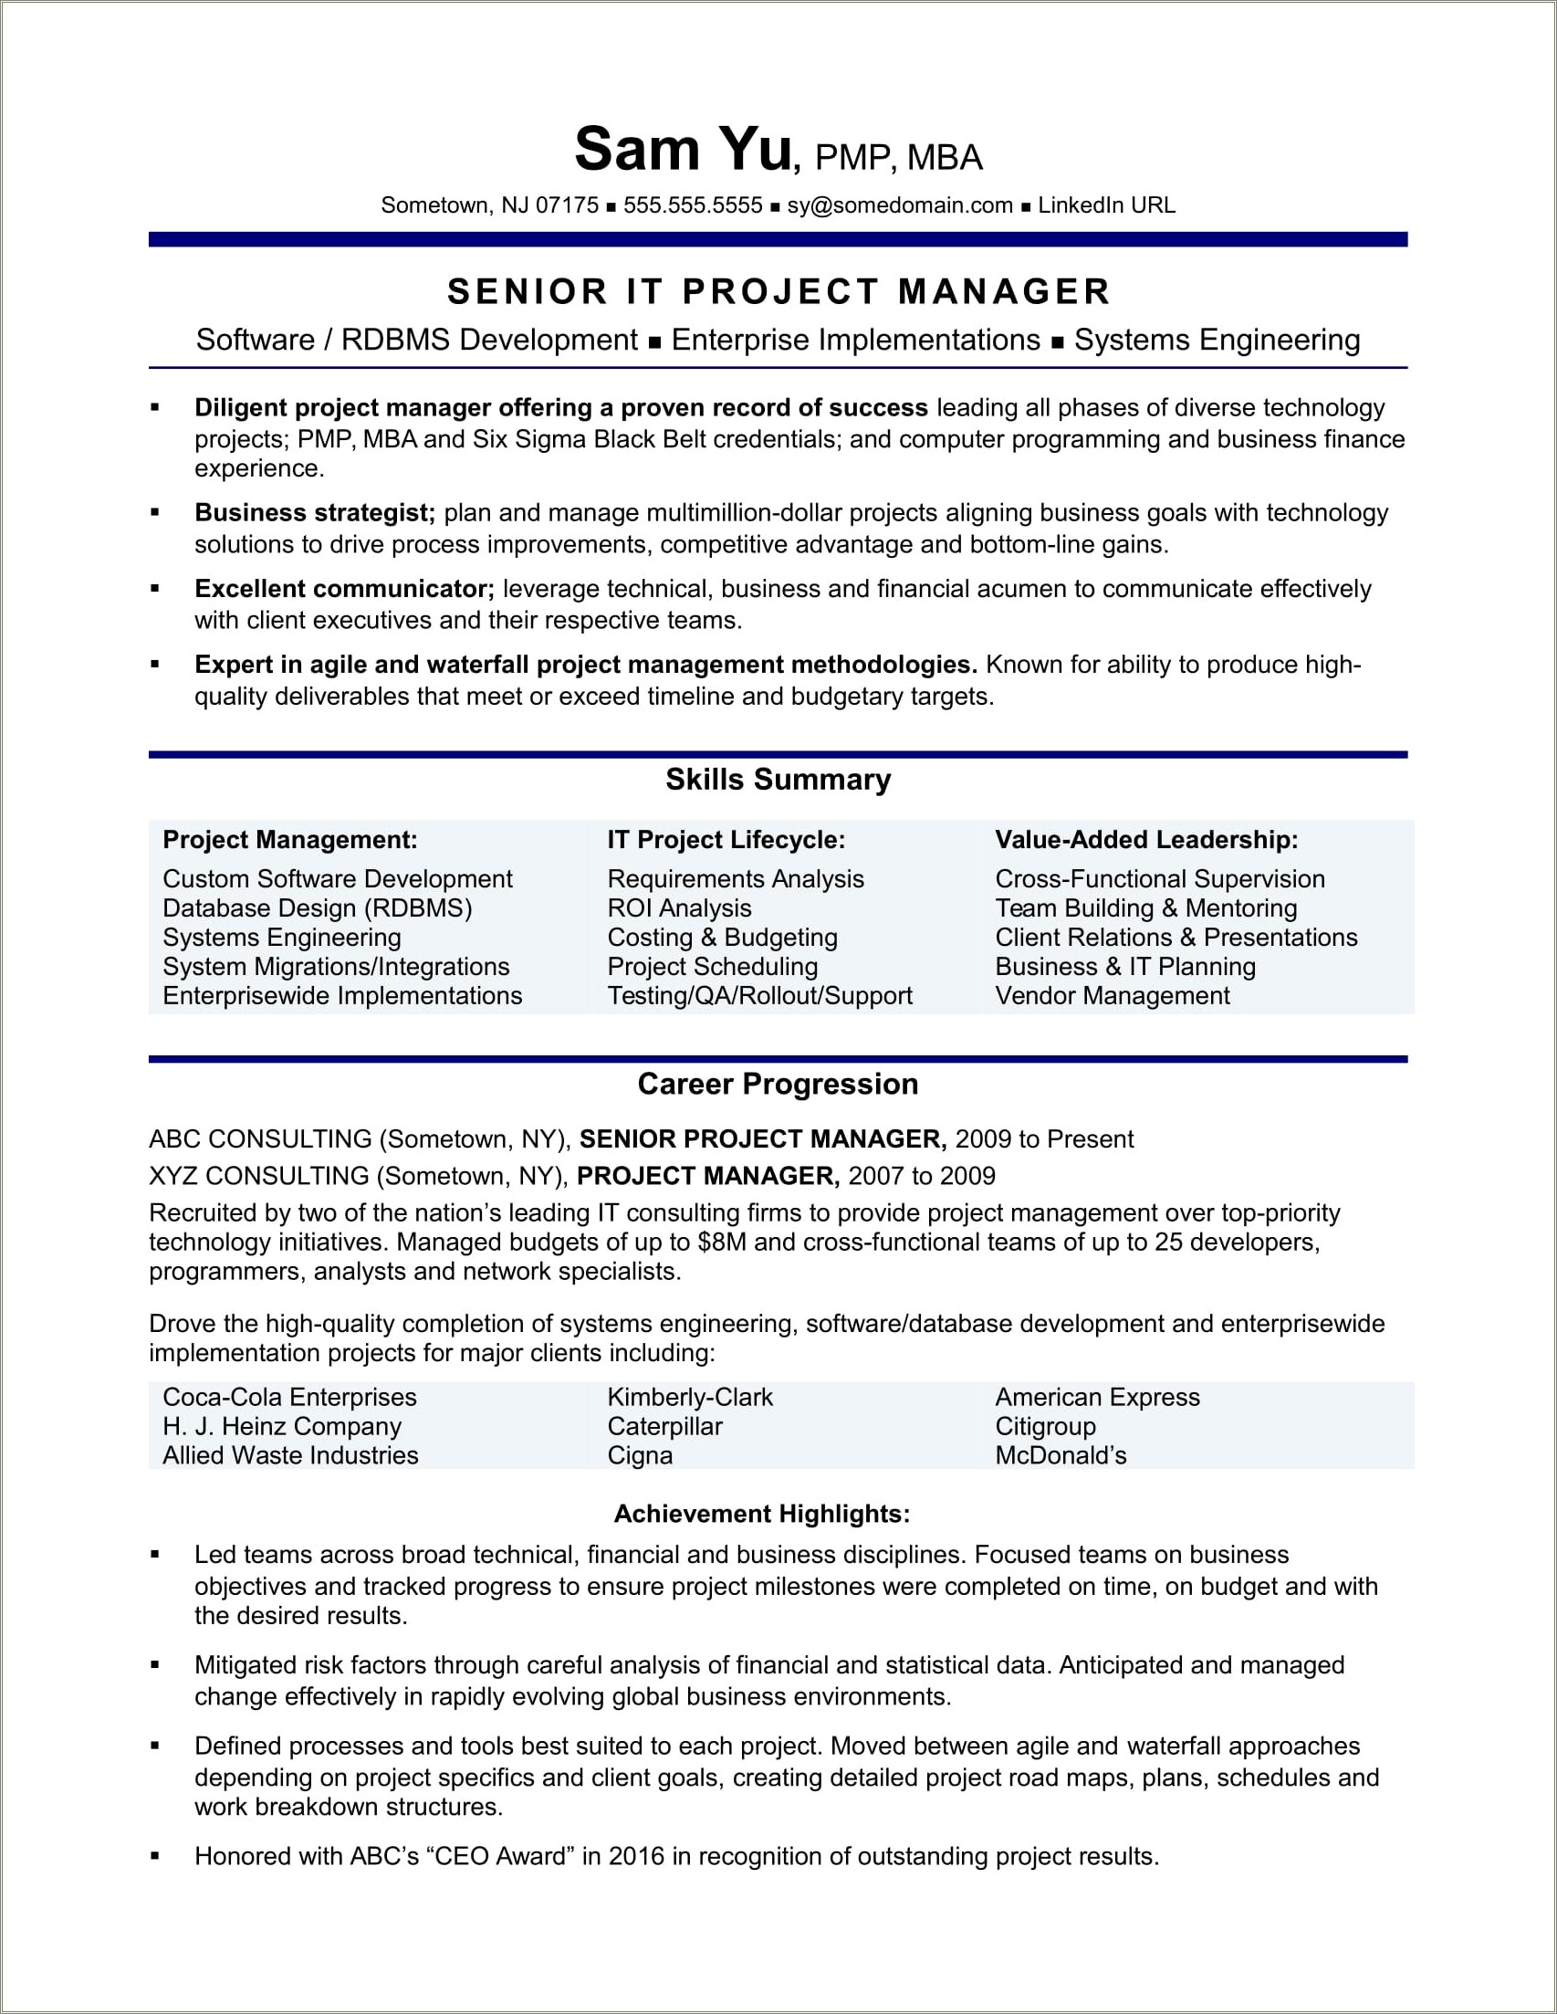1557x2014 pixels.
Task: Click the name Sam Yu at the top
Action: coord(682,150)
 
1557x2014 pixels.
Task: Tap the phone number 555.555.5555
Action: coord(693,205)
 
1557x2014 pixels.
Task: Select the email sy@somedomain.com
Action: coord(900,205)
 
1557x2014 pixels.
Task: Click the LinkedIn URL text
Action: coord(1106,205)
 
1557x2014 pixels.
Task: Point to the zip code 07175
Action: coord(567,205)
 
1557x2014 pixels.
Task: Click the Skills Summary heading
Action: coord(778,781)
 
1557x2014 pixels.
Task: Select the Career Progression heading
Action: coord(778,1085)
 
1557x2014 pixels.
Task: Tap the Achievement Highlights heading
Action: coord(761,1515)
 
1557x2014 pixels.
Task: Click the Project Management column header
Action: coord(290,840)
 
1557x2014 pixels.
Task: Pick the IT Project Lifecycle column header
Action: coord(726,840)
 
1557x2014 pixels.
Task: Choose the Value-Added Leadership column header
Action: coord(1146,840)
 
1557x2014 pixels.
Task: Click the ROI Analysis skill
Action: coord(679,908)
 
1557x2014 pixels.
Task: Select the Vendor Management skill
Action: coord(1112,996)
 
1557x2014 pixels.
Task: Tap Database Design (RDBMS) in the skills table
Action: coord(317,908)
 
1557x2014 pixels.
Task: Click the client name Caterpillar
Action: coord(664,1427)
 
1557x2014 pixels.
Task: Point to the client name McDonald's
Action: coord(1061,1456)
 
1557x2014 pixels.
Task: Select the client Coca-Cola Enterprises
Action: coord(289,1397)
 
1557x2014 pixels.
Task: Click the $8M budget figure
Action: coord(722,1243)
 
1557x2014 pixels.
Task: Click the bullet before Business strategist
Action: coord(155,512)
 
